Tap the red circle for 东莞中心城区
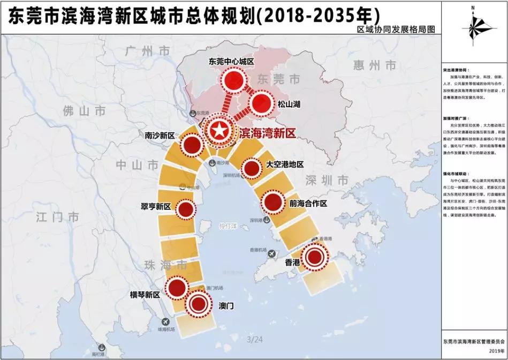tap(233, 81)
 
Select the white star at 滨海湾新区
tap(218, 130)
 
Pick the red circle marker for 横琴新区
tap(175, 288)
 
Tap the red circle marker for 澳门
tap(198, 304)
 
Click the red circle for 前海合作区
tap(272, 202)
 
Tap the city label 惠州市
tap(375, 65)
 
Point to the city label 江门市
tap(58, 216)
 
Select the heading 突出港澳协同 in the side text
tap(456, 70)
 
